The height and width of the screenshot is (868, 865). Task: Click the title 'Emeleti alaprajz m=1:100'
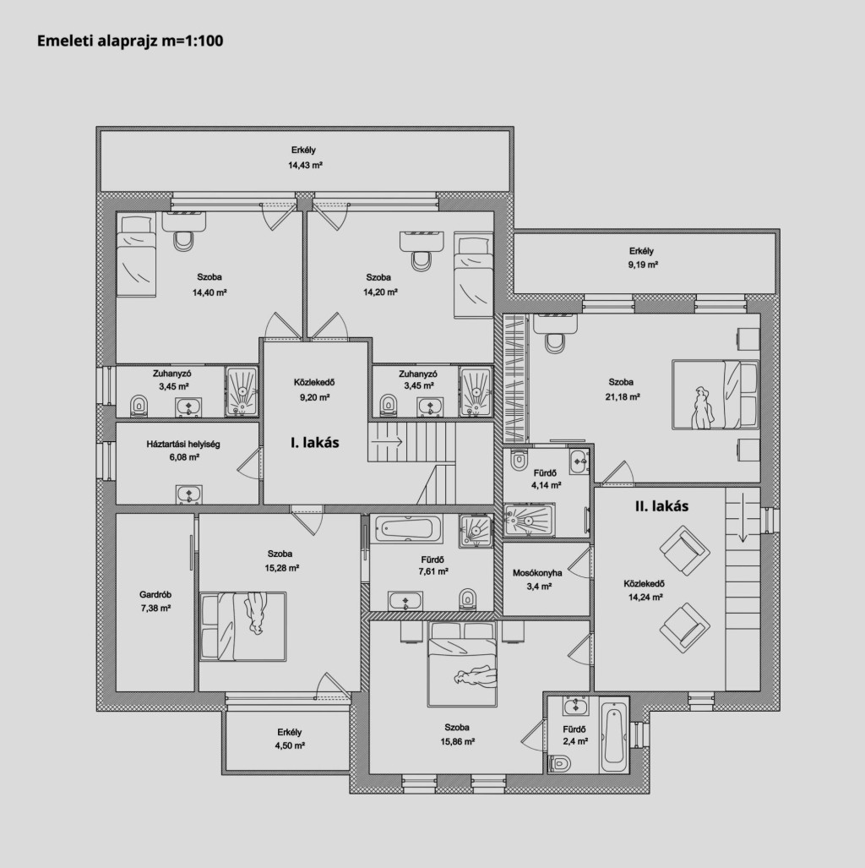tap(130, 41)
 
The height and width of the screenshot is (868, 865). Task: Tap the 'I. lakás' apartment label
tap(315, 442)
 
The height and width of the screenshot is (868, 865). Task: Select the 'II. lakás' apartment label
tap(661, 506)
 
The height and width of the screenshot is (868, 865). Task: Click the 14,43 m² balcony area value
tap(305, 165)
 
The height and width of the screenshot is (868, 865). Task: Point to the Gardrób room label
tap(155, 594)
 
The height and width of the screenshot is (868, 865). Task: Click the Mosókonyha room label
tap(536, 573)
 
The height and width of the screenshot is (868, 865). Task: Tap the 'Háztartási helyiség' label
tap(183, 444)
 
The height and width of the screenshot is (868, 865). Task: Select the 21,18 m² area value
tap(623, 396)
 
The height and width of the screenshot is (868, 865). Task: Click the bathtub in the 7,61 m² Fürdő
tap(409, 528)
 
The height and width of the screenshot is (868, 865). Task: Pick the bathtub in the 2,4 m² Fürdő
tap(615, 734)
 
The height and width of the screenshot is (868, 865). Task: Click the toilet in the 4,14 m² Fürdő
tap(519, 460)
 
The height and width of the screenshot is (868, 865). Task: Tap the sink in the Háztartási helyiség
tap(188, 494)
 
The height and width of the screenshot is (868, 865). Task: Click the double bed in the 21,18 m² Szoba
tap(715, 394)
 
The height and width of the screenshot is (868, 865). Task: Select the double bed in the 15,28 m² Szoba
tap(243, 626)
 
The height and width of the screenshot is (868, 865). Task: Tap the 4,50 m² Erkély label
tap(290, 732)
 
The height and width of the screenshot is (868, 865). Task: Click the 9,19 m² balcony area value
tap(643, 265)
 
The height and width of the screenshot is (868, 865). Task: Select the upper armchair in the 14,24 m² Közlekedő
tap(684, 551)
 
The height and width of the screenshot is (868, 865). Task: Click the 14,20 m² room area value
tap(380, 292)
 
